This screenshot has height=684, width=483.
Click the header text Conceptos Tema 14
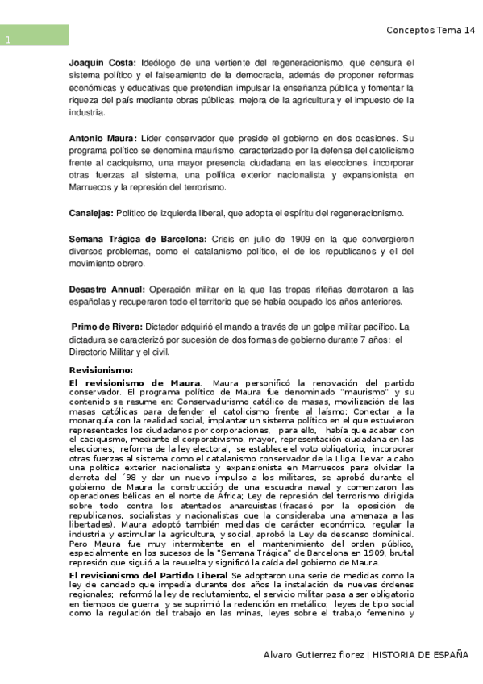pyautogui.click(x=430, y=30)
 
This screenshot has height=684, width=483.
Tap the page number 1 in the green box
pyautogui.click(x=7, y=41)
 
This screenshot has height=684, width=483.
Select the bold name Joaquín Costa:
pyautogui.click(x=102, y=62)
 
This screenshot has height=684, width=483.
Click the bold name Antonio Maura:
pyautogui.click(x=103, y=139)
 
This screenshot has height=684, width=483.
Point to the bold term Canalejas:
pyautogui.click(x=91, y=213)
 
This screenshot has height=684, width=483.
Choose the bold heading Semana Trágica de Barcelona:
pyautogui.click(x=137, y=240)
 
